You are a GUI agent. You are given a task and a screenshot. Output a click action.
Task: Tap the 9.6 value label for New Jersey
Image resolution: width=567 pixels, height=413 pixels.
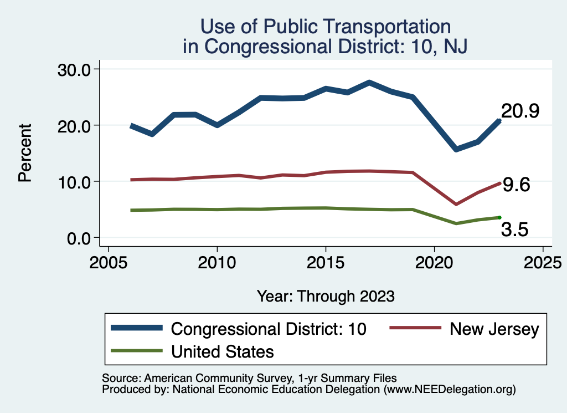pos(516,185)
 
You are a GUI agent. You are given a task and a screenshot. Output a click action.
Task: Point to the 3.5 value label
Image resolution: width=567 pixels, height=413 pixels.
pos(515,230)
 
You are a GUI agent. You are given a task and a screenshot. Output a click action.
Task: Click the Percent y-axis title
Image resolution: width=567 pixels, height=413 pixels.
pos(24,154)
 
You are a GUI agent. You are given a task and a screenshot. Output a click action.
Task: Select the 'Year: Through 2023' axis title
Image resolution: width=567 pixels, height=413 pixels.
pos(326,296)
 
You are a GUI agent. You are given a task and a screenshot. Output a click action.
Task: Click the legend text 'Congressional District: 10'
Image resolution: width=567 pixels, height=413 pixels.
pos(269,329)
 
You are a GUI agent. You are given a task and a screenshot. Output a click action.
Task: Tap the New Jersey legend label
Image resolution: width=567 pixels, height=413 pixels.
pos(494,329)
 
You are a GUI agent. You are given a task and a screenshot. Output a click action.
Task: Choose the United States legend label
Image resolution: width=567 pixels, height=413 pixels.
pos(223,351)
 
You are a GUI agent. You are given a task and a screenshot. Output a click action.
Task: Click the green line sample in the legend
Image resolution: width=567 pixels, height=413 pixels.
pos(137,351)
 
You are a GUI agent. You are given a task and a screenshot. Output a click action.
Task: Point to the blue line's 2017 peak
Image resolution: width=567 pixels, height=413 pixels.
pos(369,83)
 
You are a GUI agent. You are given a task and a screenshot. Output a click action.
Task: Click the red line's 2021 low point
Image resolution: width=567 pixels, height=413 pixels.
pos(456,204)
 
